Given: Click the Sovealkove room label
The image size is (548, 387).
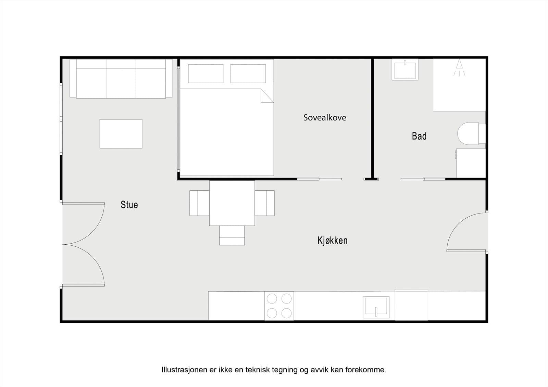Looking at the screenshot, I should [x=324, y=118].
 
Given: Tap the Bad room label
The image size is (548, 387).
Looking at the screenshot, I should [x=419, y=136].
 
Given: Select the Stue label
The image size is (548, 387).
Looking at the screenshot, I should [x=129, y=205].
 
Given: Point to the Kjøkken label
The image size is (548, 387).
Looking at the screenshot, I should [x=332, y=240].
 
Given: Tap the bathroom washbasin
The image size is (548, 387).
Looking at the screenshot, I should [x=405, y=70].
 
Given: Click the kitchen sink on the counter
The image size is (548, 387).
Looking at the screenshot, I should [x=376, y=307].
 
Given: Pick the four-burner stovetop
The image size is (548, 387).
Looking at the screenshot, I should [x=279, y=306].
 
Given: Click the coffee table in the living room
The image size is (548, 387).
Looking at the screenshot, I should [x=121, y=133].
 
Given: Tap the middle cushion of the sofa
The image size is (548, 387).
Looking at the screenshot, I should [x=121, y=79].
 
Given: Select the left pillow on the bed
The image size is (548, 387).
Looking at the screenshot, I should [x=206, y=74].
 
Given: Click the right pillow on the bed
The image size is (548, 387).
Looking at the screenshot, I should [x=248, y=74].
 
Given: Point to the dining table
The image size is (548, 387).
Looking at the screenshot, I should [x=232, y=203].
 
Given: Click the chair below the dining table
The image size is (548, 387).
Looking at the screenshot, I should [x=232, y=236].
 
